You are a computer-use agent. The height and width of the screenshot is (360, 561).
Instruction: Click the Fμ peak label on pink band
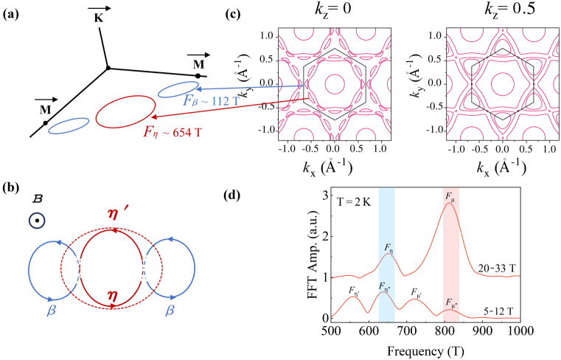[x=450, y=198]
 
